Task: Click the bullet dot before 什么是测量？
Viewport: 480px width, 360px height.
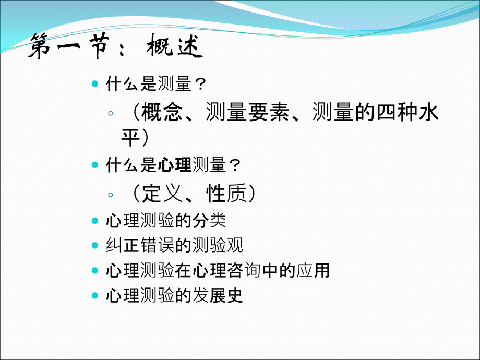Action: click(x=94, y=83)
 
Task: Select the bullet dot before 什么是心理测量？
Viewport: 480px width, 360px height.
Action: click(x=94, y=165)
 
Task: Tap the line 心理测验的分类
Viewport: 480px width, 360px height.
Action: click(x=166, y=220)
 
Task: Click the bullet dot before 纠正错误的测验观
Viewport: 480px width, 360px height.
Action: click(x=94, y=245)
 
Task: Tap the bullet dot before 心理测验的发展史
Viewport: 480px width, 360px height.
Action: click(x=94, y=296)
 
